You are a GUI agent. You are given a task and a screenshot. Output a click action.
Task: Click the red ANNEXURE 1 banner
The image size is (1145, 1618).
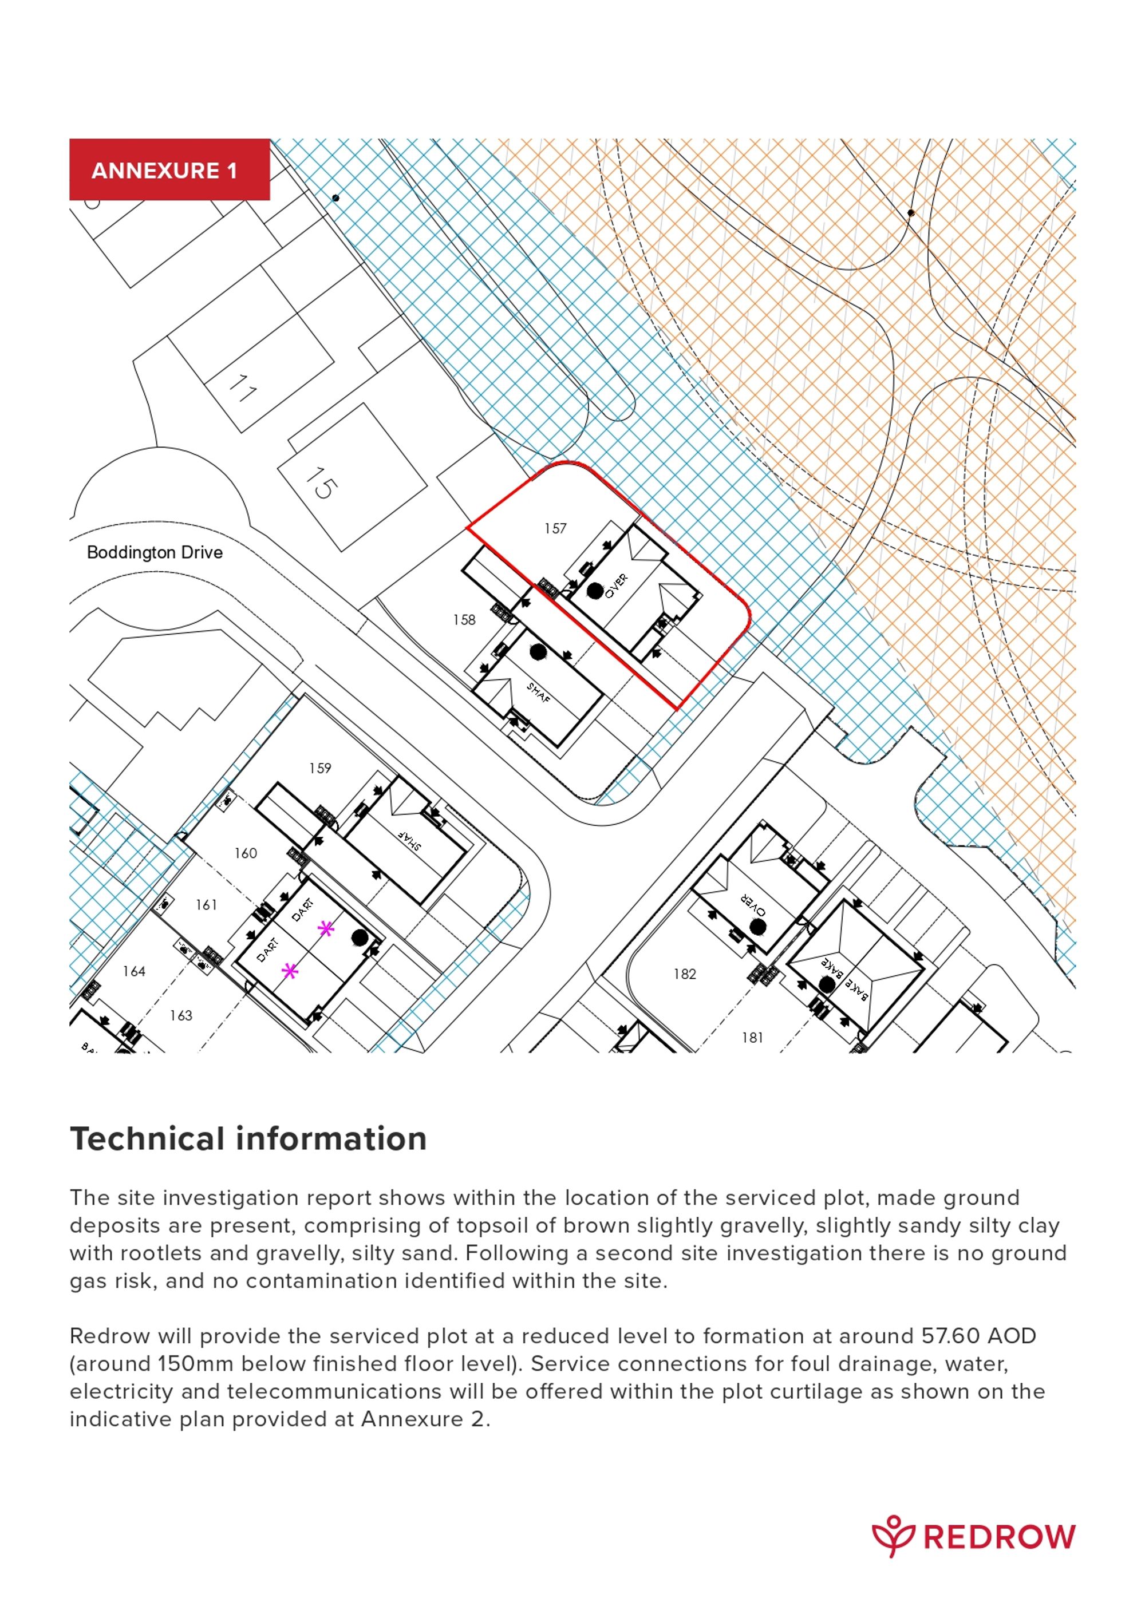coord(169,170)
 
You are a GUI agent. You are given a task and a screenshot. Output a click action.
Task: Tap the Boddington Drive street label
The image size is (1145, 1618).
coord(155,552)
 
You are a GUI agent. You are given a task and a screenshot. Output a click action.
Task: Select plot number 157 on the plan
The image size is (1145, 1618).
coord(555,528)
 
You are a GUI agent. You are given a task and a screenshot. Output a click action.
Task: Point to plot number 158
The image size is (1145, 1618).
coord(464,620)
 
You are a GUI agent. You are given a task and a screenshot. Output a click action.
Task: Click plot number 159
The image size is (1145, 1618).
coord(319,768)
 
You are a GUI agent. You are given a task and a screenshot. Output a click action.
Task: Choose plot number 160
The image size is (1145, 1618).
coord(246,853)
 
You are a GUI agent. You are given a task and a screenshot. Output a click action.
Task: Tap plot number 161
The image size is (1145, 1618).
coord(206,905)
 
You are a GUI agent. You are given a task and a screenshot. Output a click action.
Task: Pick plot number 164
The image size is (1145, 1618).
coord(134,972)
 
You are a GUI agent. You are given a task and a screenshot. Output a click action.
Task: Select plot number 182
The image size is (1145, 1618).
coord(685,974)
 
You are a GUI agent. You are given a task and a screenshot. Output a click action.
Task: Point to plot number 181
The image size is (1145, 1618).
coord(752,1037)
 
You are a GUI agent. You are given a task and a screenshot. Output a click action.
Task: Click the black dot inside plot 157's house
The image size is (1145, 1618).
coord(595,591)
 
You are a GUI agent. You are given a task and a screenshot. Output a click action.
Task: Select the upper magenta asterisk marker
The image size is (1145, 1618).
coord(325,929)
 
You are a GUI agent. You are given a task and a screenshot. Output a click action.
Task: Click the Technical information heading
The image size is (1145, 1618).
coord(248,1140)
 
